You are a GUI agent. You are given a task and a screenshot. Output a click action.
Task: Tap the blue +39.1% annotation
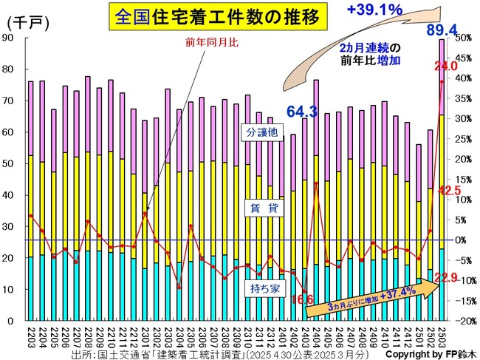click(x=373, y=10)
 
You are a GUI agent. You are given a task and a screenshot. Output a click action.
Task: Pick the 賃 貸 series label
click(x=262, y=209)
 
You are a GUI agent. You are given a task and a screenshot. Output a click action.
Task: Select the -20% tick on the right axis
click(x=462, y=322)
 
